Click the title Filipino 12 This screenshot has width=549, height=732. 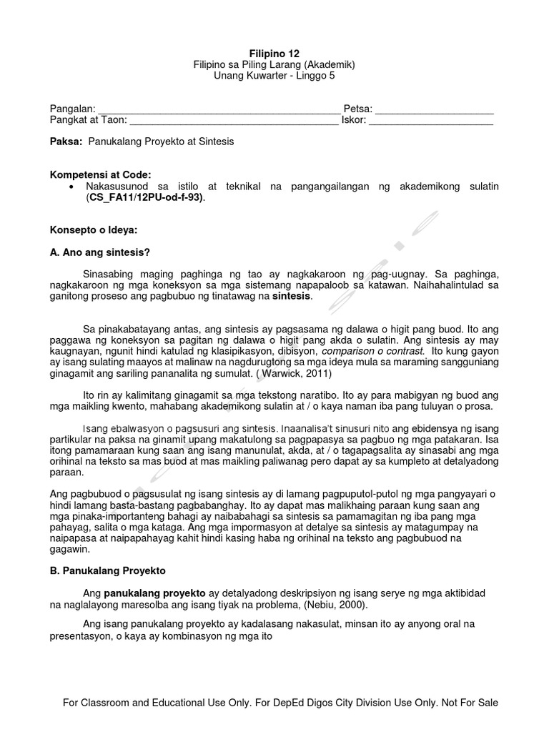[x=274, y=54]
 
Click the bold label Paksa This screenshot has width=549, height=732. [x=65, y=142]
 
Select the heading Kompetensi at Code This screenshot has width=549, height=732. [x=100, y=174]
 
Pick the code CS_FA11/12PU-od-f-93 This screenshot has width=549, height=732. [x=146, y=197]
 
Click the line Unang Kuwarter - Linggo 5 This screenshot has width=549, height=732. [x=274, y=75]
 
